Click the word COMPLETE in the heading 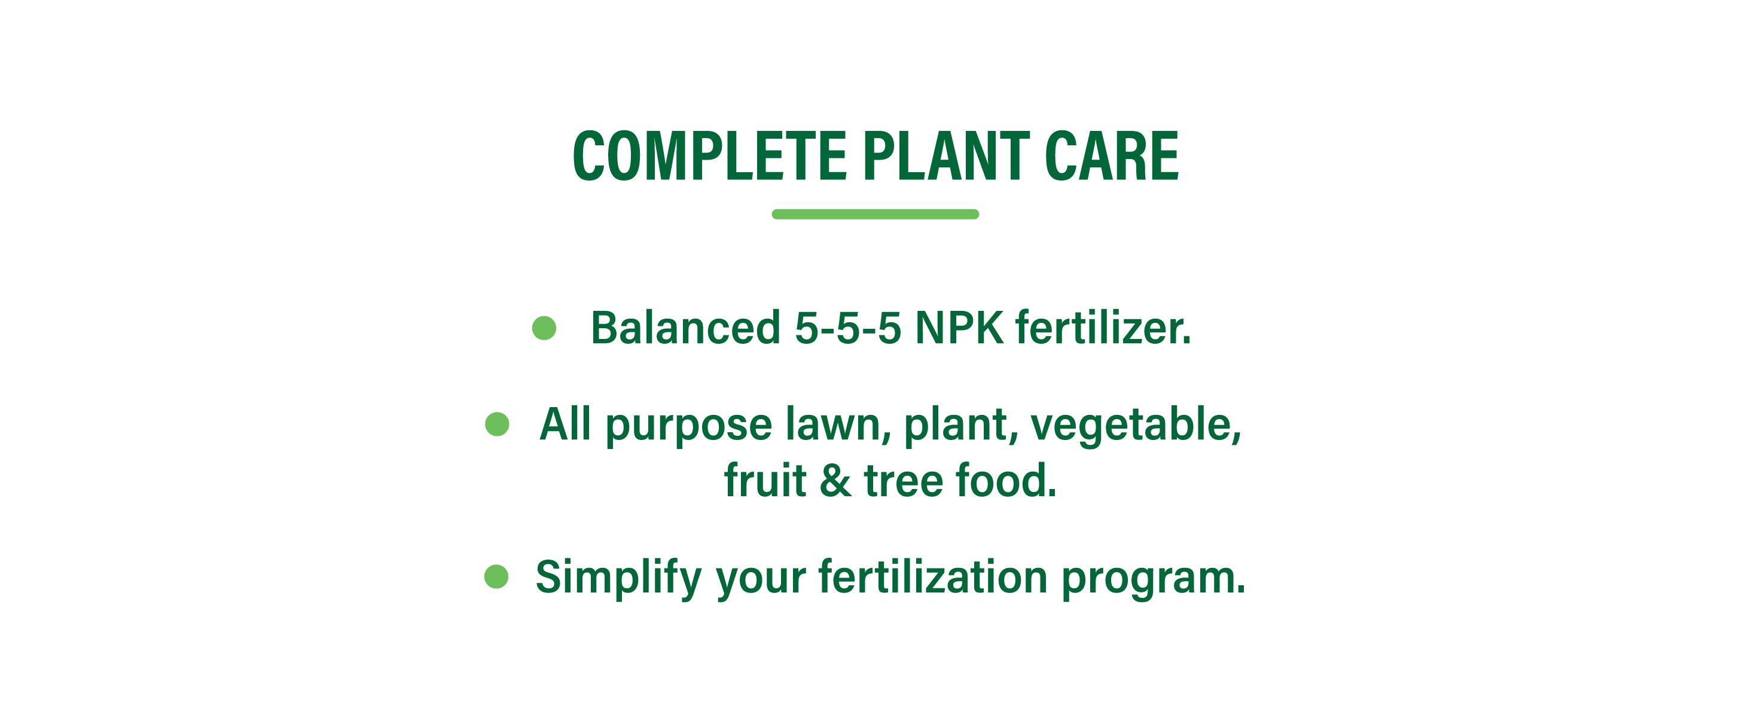pyautogui.click(x=710, y=156)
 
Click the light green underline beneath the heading pyautogui.click(x=876, y=214)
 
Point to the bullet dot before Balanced pyautogui.click(x=544, y=328)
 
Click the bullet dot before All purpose pyautogui.click(x=497, y=424)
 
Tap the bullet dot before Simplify pyautogui.click(x=496, y=577)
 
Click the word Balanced pyautogui.click(x=685, y=328)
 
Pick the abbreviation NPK pyautogui.click(x=959, y=329)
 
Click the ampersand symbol pyautogui.click(x=835, y=481)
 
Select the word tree pyautogui.click(x=904, y=481)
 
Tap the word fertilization pyautogui.click(x=932, y=577)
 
